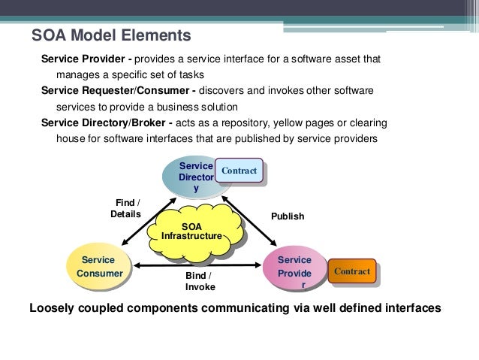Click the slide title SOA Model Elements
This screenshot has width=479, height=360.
pos(110,35)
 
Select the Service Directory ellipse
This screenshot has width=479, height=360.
pos(193,177)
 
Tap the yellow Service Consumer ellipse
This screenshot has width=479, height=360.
pos(100,267)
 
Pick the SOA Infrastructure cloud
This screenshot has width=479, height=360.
pos(192,231)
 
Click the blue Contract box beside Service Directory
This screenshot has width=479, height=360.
pos(239,172)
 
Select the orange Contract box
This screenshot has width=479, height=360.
pos(351,270)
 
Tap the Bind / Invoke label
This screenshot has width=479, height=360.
pos(200,282)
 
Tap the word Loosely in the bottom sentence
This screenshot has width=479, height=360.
pos(53,308)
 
